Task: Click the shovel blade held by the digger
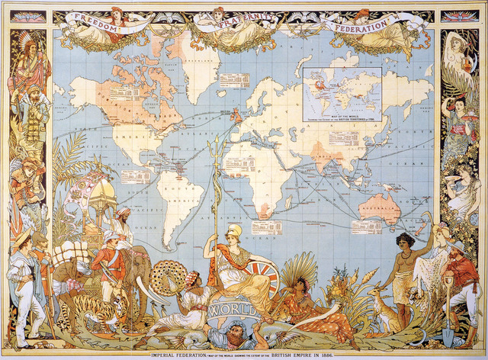tap(448, 336)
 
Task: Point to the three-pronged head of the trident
tap(217, 143)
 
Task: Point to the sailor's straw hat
tap(20, 237)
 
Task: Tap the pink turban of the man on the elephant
tap(123, 213)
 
